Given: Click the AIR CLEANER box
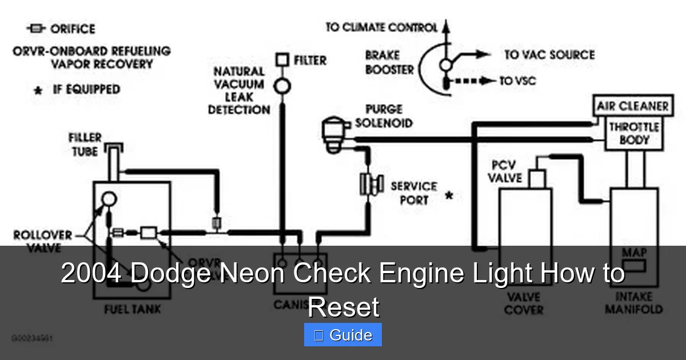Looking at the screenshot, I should pos(632,106).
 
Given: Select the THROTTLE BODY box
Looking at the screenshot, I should pos(633,134).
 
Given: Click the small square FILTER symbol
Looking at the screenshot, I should pos(282,60).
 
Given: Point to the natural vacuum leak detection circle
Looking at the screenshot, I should pos(282,86).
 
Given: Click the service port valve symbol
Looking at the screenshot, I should pos(370,184).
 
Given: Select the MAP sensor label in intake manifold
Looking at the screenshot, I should pos(634,253).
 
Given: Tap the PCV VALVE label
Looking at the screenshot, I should pos(505,171).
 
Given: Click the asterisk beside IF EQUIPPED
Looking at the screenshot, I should pos(38,91).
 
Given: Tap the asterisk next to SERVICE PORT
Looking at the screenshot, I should pos(449,196).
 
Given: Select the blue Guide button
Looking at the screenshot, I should pos(342,335).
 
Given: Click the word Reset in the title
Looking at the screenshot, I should pos(343,307).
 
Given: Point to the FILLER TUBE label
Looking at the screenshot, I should pos(85,145).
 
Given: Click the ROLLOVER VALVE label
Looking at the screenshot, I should pos(42,241).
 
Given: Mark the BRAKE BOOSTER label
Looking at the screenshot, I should pos(389,62).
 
